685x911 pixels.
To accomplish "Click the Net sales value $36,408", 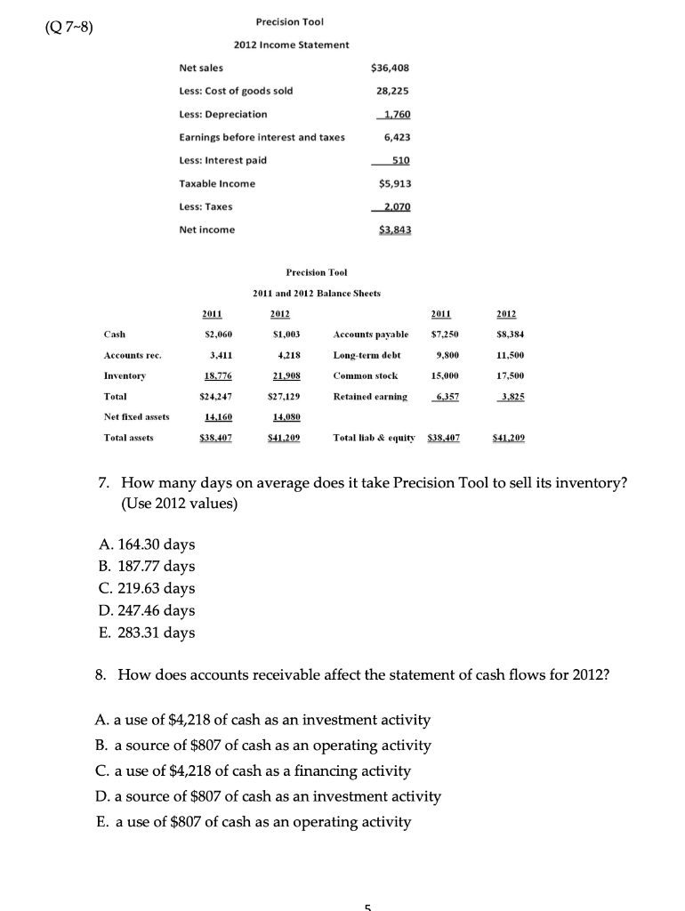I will tap(388, 68).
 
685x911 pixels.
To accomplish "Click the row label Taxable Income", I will tap(217, 183).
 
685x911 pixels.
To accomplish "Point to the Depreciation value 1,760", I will tap(394, 114).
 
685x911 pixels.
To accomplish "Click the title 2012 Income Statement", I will tap(291, 44).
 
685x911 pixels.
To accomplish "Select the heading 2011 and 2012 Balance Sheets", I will tap(317, 293).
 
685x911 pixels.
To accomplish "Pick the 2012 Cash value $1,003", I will tap(280, 335).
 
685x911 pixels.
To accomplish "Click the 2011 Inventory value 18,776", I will tap(214, 375).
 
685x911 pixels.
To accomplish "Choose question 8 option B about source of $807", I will tap(262, 745).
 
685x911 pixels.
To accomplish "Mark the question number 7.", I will tap(104, 483).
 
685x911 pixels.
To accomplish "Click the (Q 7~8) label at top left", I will tap(60, 24).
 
